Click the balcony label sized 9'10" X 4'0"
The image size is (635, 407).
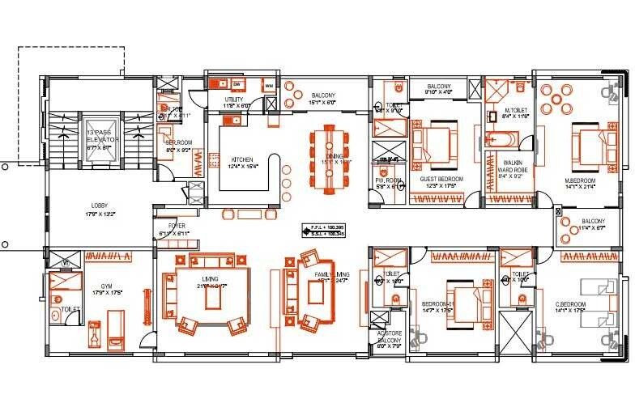439,89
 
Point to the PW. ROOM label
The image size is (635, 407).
389,184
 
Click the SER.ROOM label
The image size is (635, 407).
177,146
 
